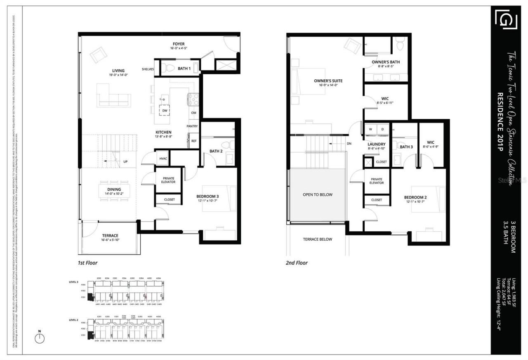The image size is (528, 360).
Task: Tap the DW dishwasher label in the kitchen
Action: (x=164, y=111)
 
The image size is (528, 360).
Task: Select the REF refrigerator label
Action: (x=194, y=141)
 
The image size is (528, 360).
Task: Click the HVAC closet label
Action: (x=163, y=158)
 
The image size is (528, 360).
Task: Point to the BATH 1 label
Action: (x=184, y=69)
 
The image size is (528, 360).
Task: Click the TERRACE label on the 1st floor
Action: (x=110, y=235)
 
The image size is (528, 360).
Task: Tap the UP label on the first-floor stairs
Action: (x=125, y=161)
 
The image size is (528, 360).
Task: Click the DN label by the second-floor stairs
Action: (x=349, y=144)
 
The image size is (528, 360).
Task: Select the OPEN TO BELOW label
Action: (x=317, y=194)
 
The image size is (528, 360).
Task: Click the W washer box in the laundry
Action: (x=370, y=129)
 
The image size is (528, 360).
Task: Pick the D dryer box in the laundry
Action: (x=382, y=129)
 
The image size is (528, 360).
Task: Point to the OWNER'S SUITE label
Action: (x=328, y=81)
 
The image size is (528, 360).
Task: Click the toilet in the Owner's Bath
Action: (x=400, y=44)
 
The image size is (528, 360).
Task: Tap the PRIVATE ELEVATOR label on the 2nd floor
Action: (x=376, y=180)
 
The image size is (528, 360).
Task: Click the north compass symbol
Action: (x=40, y=337)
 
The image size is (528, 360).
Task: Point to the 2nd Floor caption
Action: (x=297, y=263)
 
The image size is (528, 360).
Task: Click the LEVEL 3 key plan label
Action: (x=74, y=282)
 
